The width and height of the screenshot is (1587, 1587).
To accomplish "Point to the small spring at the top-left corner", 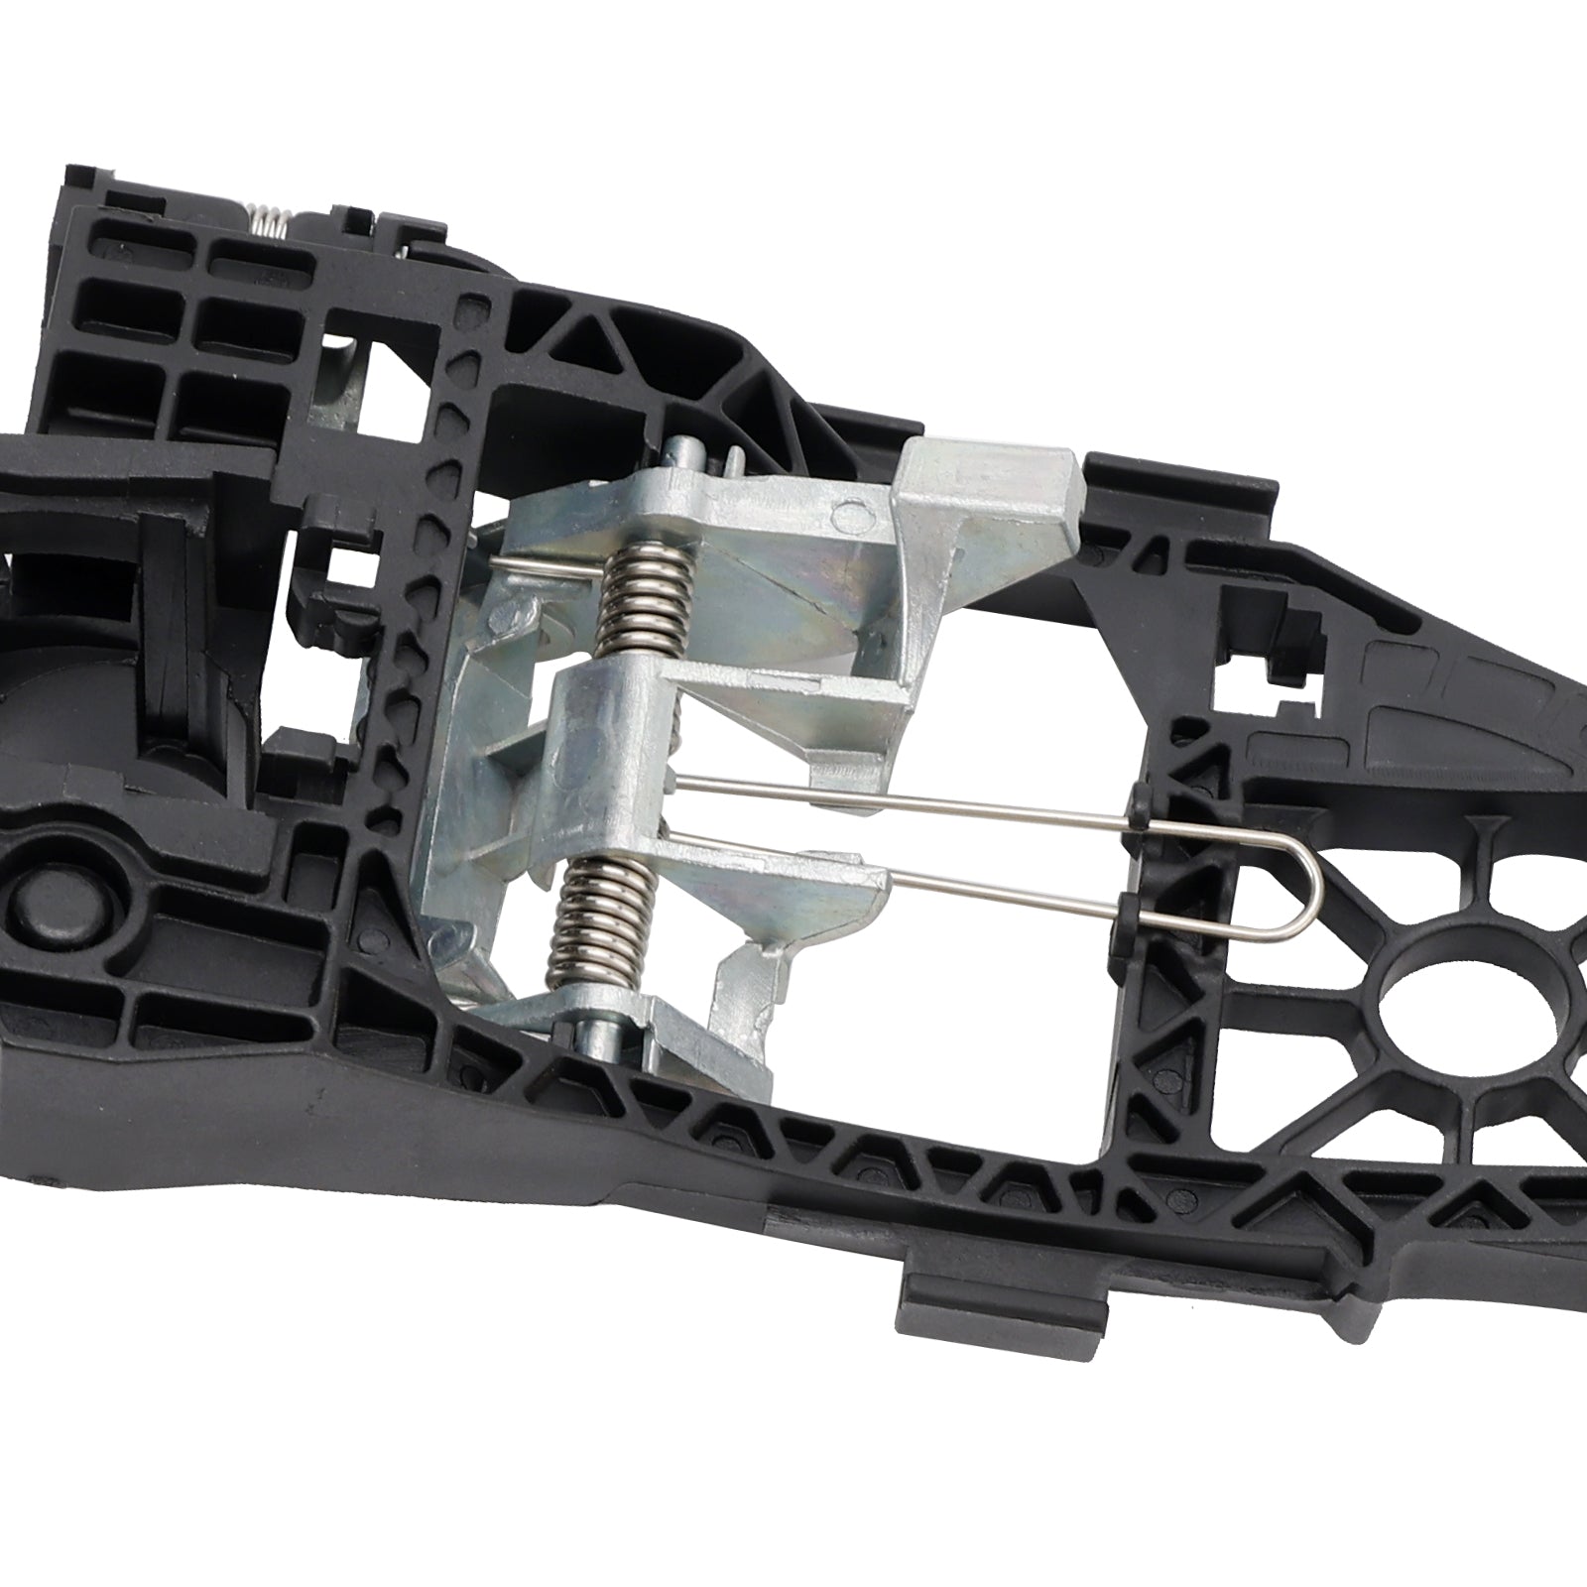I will pos(269,214).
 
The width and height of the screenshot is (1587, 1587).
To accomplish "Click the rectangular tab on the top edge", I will pos(1180,476).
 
